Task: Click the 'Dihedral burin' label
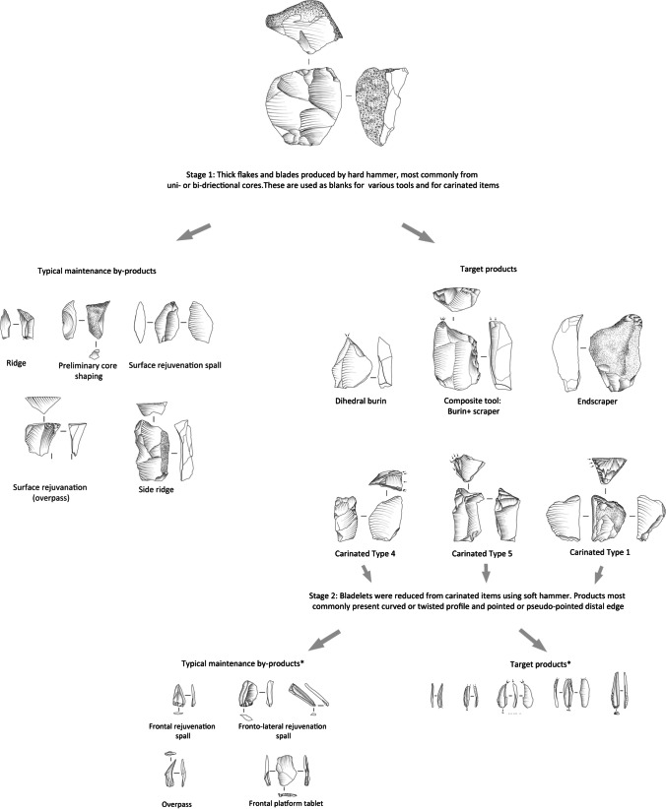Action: [361, 401]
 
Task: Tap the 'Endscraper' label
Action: [597, 401]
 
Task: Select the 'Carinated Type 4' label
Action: [365, 554]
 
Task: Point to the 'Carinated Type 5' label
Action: [482, 554]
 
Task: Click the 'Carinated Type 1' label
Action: [600, 552]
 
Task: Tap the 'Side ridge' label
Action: [156, 489]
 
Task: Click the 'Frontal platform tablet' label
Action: [286, 803]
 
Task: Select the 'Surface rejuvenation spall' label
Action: [174, 365]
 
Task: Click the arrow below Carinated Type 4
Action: [366, 573]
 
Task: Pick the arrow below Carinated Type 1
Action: [599, 574]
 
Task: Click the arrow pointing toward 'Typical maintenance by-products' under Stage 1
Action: [194, 231]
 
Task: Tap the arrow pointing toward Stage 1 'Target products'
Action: [418, 232]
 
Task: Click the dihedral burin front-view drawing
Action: [352, 361]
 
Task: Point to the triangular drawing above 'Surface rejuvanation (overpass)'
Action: [43, 404]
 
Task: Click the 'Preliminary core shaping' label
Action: [88, 370]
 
